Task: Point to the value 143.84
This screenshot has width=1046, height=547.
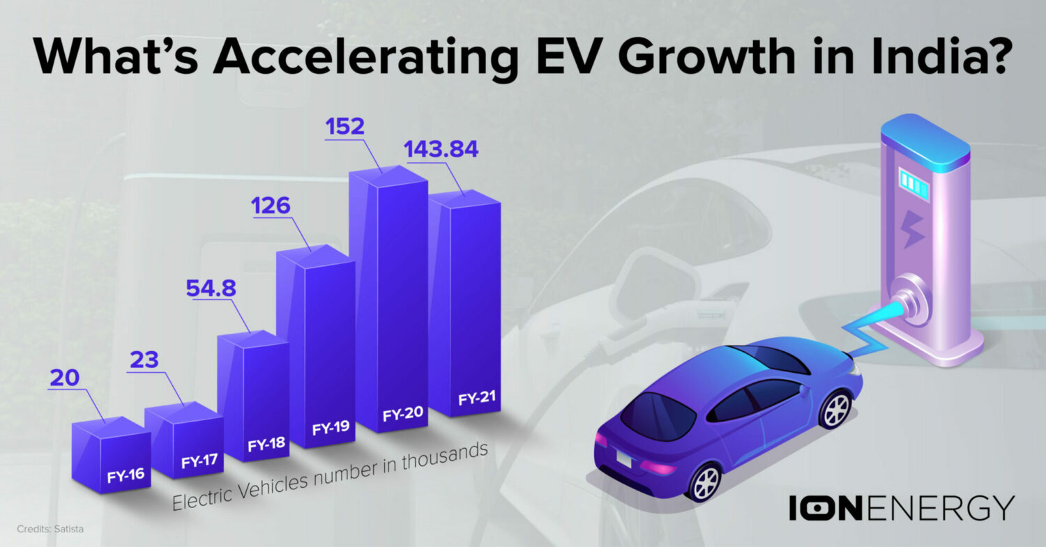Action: pos(441,149)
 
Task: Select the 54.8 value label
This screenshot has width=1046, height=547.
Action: pos(209,288)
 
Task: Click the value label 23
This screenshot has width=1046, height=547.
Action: pos(144,360)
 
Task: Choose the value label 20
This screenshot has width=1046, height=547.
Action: pos(64,378)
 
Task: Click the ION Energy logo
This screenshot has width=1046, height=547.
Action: pos(901,507)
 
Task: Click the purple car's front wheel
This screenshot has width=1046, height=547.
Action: pos(835,410)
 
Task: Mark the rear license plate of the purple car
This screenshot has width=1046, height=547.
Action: pos(623,459)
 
